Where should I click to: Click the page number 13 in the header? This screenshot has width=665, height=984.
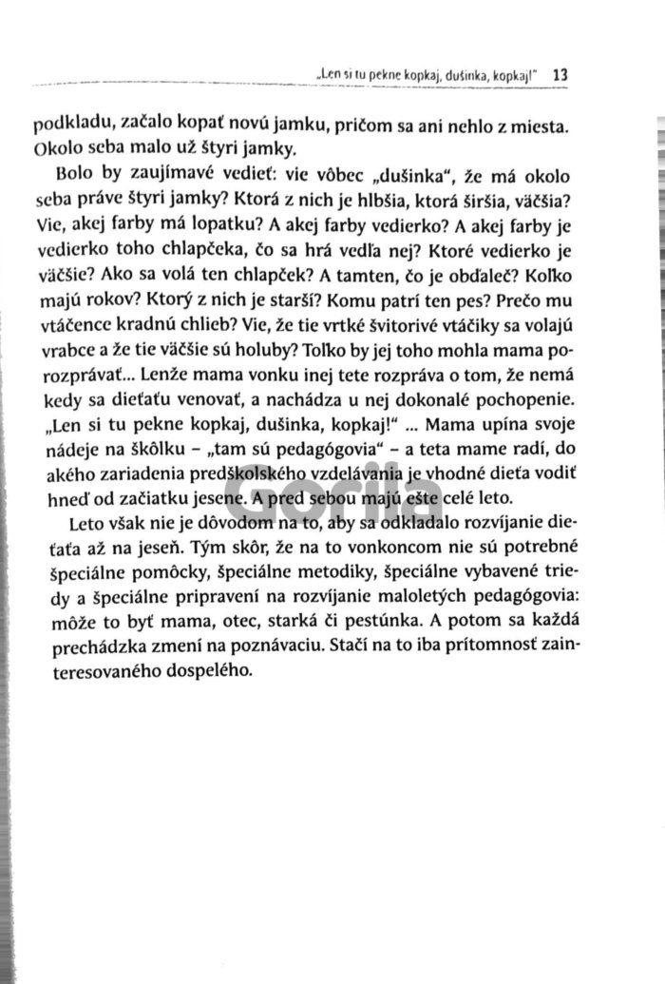pos(559,73)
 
